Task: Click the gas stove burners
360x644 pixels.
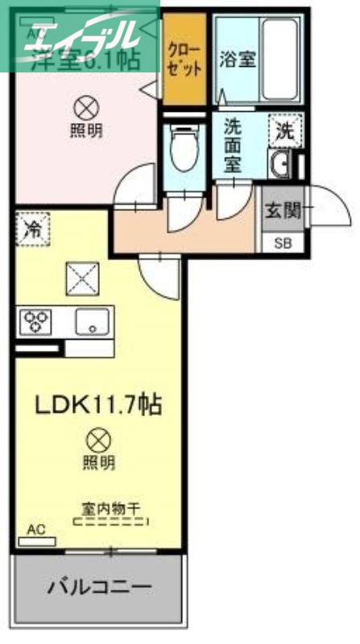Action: click(37, 322)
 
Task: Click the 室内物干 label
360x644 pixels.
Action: click(110, 508)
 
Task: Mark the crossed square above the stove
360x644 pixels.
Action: click(81, 278)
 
